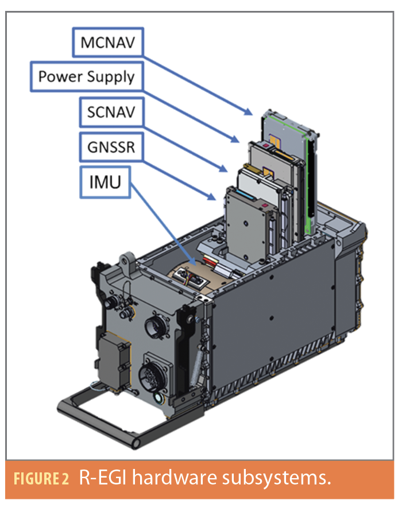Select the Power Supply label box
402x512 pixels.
[87, 76]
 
